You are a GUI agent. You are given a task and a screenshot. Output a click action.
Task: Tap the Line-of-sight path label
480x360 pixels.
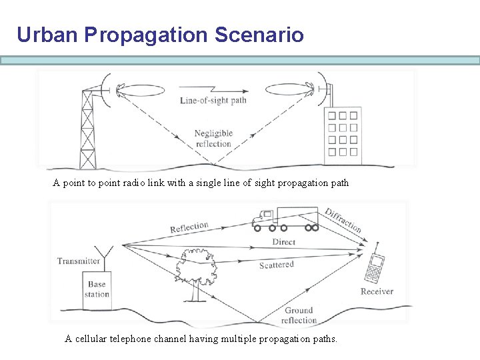213,101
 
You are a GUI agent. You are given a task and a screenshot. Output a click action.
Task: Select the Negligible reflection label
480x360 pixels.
213,139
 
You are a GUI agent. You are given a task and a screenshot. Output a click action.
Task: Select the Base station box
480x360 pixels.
97,289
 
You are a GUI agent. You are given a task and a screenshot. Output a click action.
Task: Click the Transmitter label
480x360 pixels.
79,261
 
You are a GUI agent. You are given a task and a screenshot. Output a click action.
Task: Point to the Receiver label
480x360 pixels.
377,291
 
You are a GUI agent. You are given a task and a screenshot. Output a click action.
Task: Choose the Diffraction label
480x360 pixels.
343,221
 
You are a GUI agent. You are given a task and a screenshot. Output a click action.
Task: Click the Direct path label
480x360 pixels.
284,242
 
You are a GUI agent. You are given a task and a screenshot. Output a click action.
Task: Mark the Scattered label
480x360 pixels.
276,265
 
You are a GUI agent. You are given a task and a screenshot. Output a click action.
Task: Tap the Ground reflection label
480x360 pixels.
299,315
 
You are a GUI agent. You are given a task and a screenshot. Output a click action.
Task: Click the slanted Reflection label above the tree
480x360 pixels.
189,227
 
